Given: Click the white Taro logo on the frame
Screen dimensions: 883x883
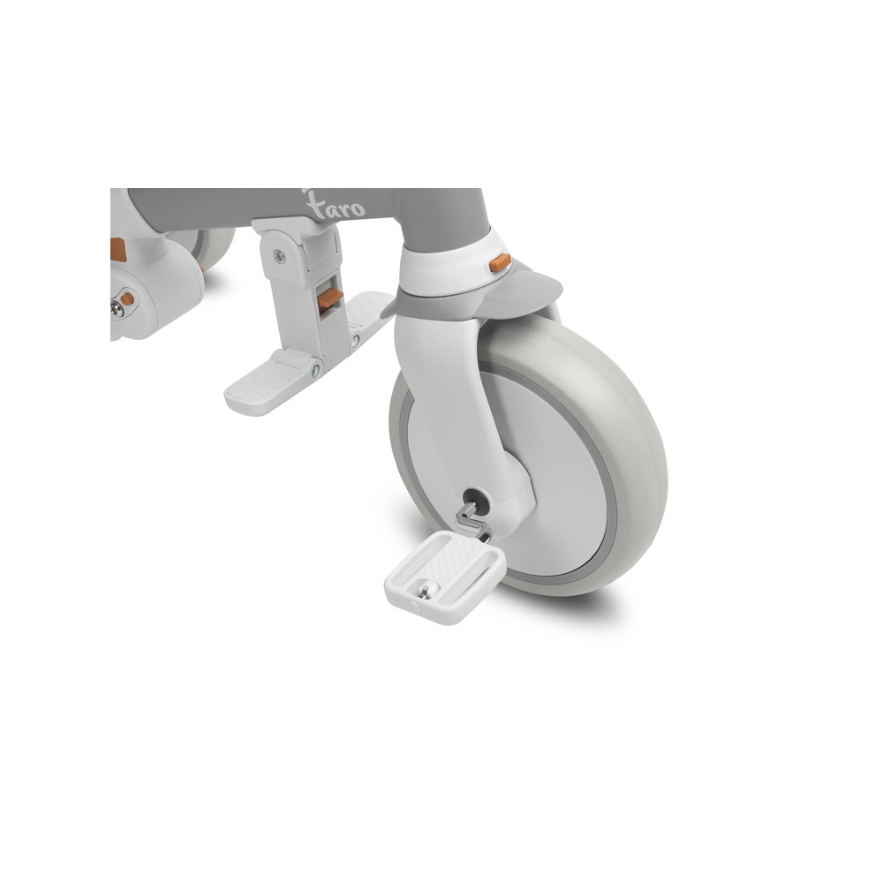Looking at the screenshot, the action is (335, 205).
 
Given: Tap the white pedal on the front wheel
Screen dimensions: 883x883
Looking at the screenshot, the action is (445, 577).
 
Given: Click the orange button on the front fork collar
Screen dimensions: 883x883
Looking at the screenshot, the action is (500, 262).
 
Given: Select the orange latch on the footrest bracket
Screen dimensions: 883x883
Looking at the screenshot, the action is (329, 298).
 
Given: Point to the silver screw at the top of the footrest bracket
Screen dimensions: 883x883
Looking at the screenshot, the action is (279, 257).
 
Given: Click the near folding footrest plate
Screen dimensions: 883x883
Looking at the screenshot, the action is (269, 383).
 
